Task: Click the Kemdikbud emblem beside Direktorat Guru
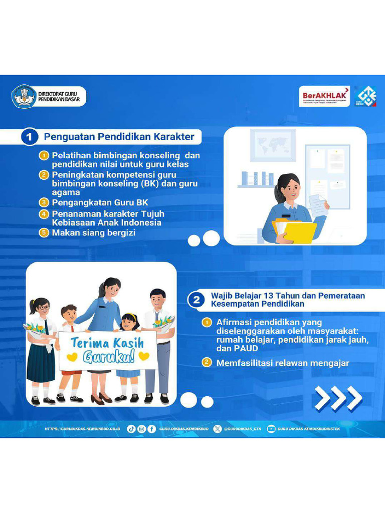pos(24,97)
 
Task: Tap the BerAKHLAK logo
pos(324,96)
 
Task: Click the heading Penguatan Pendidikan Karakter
pos(119,137)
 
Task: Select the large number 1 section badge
pos(30,137)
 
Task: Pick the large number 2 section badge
pos(197,300)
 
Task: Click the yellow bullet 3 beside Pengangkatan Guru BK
pos(44,202)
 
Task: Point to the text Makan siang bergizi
pos(94,233)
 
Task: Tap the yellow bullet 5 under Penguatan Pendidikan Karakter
pos(44,233)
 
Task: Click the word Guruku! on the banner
pos(109,357)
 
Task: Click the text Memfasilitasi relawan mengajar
pos(283,363)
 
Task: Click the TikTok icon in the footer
pos(131,429)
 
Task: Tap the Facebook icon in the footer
pos(151,429)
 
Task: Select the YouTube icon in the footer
pos(271,429)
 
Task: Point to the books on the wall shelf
pos(258,178)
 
